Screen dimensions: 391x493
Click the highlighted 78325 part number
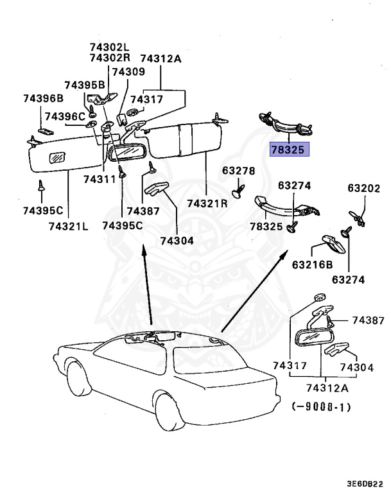[290, 150]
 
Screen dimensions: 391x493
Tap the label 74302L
[110, 47]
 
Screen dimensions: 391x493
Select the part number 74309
[128, 72]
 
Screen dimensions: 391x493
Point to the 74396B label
[44, 98]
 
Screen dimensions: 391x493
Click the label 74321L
[69, 226]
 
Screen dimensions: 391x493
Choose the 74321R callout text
[207, 203]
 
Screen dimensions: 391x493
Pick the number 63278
[238, 171]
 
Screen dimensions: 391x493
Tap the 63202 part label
[364, 188]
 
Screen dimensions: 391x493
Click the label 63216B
[313, 264]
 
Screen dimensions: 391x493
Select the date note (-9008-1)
[321, 407]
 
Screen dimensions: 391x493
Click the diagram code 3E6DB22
[365, 483]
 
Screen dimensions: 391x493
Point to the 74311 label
[100, 179]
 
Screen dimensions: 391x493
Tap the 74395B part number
[85, 85]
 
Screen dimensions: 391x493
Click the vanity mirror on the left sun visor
[57, 157]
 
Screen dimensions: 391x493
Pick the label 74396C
[65, 117]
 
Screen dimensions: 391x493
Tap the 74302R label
[110, 58]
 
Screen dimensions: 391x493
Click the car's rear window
[209, 359]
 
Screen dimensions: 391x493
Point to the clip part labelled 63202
[358, 218]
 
